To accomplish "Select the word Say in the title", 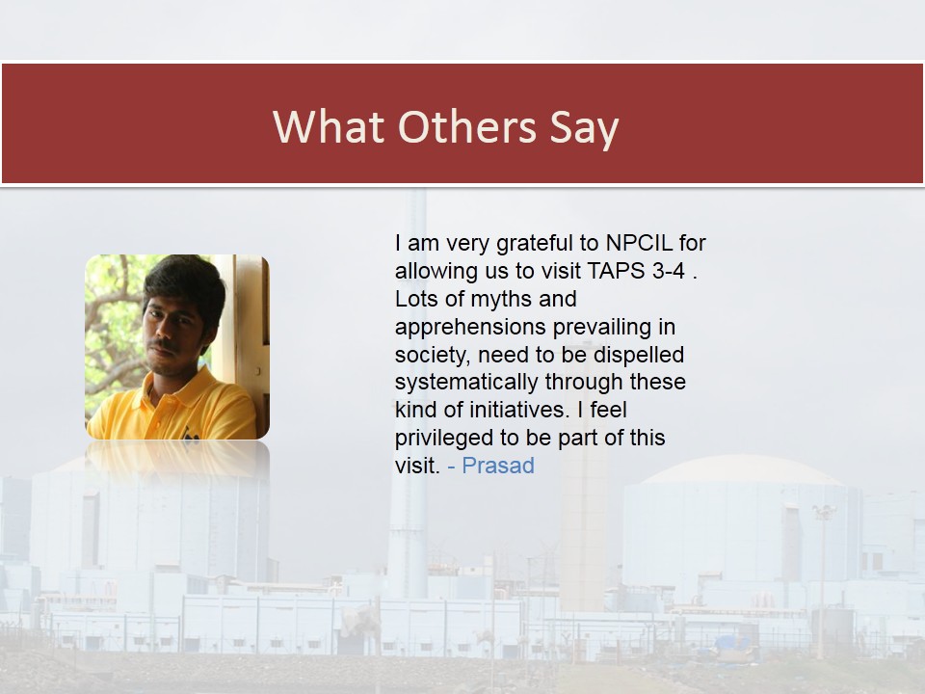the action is pyautogui.click(x=584, y=128).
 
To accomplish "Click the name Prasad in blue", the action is pyautogui.click(x=498, y=466).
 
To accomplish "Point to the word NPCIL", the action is pyautogui.click(x=639, y=243).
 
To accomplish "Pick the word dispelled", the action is pyautogui.click(x=639, y=355).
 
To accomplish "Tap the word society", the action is pyautogui.click(x=433, y=356).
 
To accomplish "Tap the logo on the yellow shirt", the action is pyautogui.click(x=189, y=435).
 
